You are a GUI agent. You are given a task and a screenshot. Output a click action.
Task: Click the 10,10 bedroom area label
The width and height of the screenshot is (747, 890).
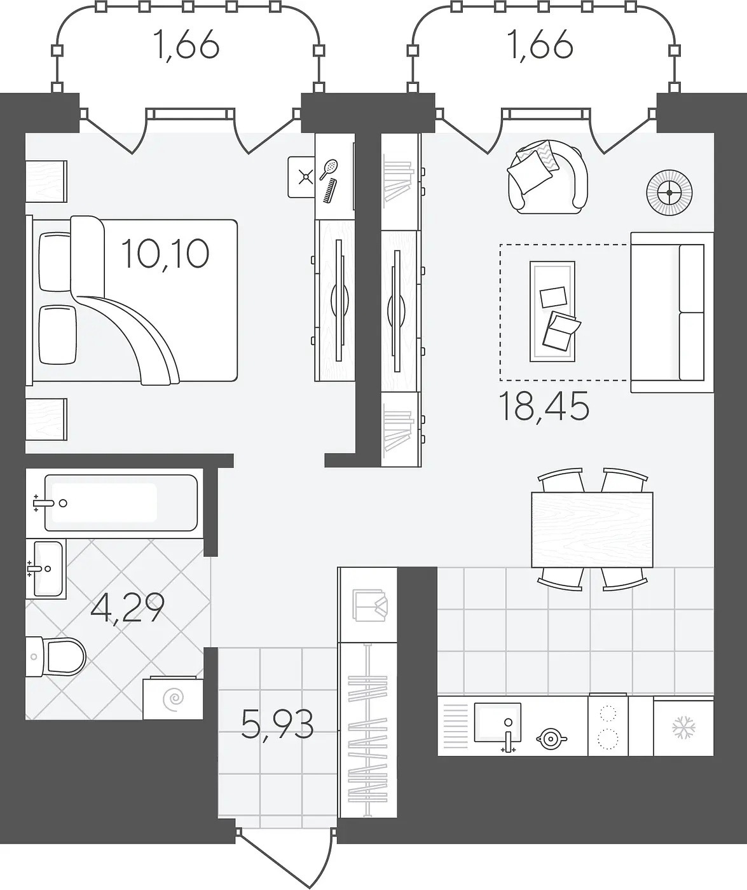click(x=165, y=254)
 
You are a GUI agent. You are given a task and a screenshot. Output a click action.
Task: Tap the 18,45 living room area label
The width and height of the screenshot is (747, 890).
click(x=544, y=407)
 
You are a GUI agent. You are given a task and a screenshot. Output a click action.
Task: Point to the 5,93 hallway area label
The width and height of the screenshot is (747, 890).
click(x=277, y=725)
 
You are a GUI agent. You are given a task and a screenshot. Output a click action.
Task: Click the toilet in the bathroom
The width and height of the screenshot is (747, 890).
click(x=55, y=657)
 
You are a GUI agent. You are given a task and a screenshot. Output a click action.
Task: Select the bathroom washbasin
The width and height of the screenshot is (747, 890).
click(x=46, y=568)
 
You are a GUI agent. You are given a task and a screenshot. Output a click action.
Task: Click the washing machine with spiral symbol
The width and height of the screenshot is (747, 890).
click(x=173, y=699)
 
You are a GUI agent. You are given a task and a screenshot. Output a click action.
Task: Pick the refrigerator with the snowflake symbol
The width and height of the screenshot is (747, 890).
click(x=683, y=727)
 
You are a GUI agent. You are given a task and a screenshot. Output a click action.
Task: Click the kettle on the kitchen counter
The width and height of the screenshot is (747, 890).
click(x=551, y=739)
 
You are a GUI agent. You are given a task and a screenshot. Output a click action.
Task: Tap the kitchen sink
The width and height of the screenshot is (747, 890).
click(x=498, y=723)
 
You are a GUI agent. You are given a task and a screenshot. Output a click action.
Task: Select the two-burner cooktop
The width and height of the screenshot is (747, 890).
click(x=608, y=727)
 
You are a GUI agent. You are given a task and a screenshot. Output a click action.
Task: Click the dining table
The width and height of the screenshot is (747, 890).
click(x=593, y=530)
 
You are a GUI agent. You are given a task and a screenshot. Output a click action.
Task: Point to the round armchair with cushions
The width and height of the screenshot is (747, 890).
click(x=548, y=177)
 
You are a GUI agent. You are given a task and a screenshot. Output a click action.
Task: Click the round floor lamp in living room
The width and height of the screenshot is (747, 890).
click(x=669, y=193)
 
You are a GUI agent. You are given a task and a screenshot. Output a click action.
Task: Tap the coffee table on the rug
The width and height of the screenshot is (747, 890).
click(x=552, y=311)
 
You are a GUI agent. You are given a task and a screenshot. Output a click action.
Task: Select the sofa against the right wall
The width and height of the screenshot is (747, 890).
click(x=672, y=312)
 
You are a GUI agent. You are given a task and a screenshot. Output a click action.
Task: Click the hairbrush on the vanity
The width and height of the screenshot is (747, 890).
click(x=329, y=168)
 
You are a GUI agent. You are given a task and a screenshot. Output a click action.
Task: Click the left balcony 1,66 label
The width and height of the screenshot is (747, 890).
click(x=187, y=44)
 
